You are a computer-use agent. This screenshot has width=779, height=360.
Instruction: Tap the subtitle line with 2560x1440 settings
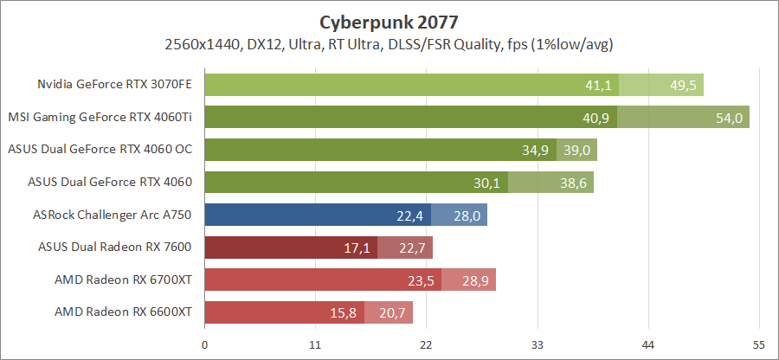388,43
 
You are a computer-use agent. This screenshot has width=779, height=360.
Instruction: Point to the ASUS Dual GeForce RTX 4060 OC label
100,150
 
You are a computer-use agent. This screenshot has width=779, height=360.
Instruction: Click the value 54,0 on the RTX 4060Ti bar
728,118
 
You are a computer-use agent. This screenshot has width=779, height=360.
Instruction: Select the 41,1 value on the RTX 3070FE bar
598,85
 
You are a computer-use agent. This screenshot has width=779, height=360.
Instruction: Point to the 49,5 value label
683,85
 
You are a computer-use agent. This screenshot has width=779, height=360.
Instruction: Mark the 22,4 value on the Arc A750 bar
410,215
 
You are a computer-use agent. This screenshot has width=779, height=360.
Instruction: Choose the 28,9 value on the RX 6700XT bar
477,280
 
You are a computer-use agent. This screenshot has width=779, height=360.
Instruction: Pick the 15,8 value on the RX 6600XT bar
344,312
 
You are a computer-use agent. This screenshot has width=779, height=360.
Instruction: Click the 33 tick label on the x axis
537,344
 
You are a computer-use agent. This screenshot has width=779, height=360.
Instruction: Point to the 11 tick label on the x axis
315,344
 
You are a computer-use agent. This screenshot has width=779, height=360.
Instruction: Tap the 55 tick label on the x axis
758,344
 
